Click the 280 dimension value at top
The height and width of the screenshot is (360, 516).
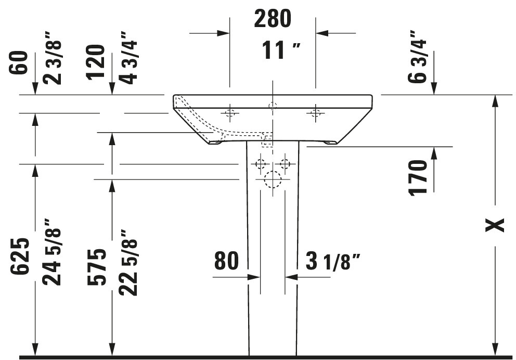coord(273,19)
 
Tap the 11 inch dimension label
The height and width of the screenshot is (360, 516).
coord(281,50)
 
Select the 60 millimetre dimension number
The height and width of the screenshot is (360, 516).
coord(19,63)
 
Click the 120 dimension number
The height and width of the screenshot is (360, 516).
coord(95,62)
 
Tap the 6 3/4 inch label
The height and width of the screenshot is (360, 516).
coord(417,57)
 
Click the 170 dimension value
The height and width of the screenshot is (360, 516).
coord(418,178)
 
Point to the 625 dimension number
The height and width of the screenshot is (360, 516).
coord(20,256)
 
